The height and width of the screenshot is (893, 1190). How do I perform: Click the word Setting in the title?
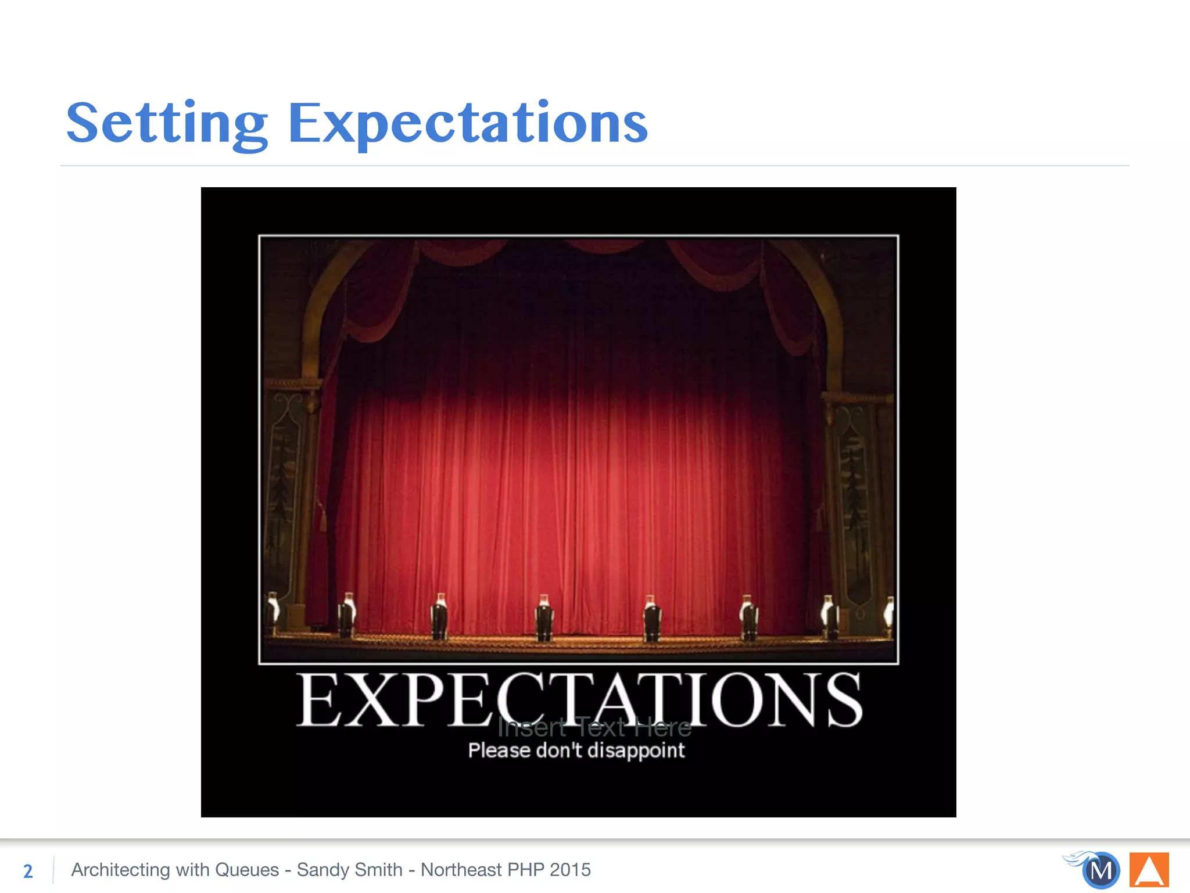[x=167, y=123]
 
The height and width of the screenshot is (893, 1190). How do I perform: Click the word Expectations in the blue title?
[x=468, y=123]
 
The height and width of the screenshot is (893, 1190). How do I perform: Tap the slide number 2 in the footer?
[x=28, y=871]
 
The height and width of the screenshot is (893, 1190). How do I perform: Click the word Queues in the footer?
[x=247, y=870]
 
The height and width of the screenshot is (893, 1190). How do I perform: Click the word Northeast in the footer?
[x=461, y=870]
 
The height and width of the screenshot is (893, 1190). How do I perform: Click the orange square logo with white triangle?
[x=1149, y=870]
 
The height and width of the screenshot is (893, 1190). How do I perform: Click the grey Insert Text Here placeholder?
[x=594, y=727]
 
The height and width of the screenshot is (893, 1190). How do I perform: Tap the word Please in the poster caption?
[x=499, y=751]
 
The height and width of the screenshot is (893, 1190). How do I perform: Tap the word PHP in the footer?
[x=525, y=870]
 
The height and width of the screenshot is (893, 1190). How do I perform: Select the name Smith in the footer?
[x=378, y=870]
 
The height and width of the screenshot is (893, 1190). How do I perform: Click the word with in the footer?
[x=193, y=870]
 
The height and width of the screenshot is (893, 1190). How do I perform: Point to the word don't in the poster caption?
[x=559, y=751]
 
